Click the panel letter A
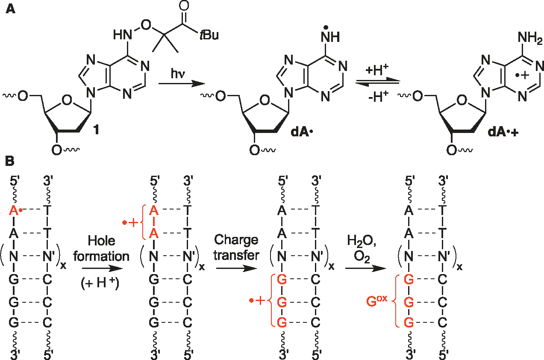point(10,9)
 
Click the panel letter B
point(10,162)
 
